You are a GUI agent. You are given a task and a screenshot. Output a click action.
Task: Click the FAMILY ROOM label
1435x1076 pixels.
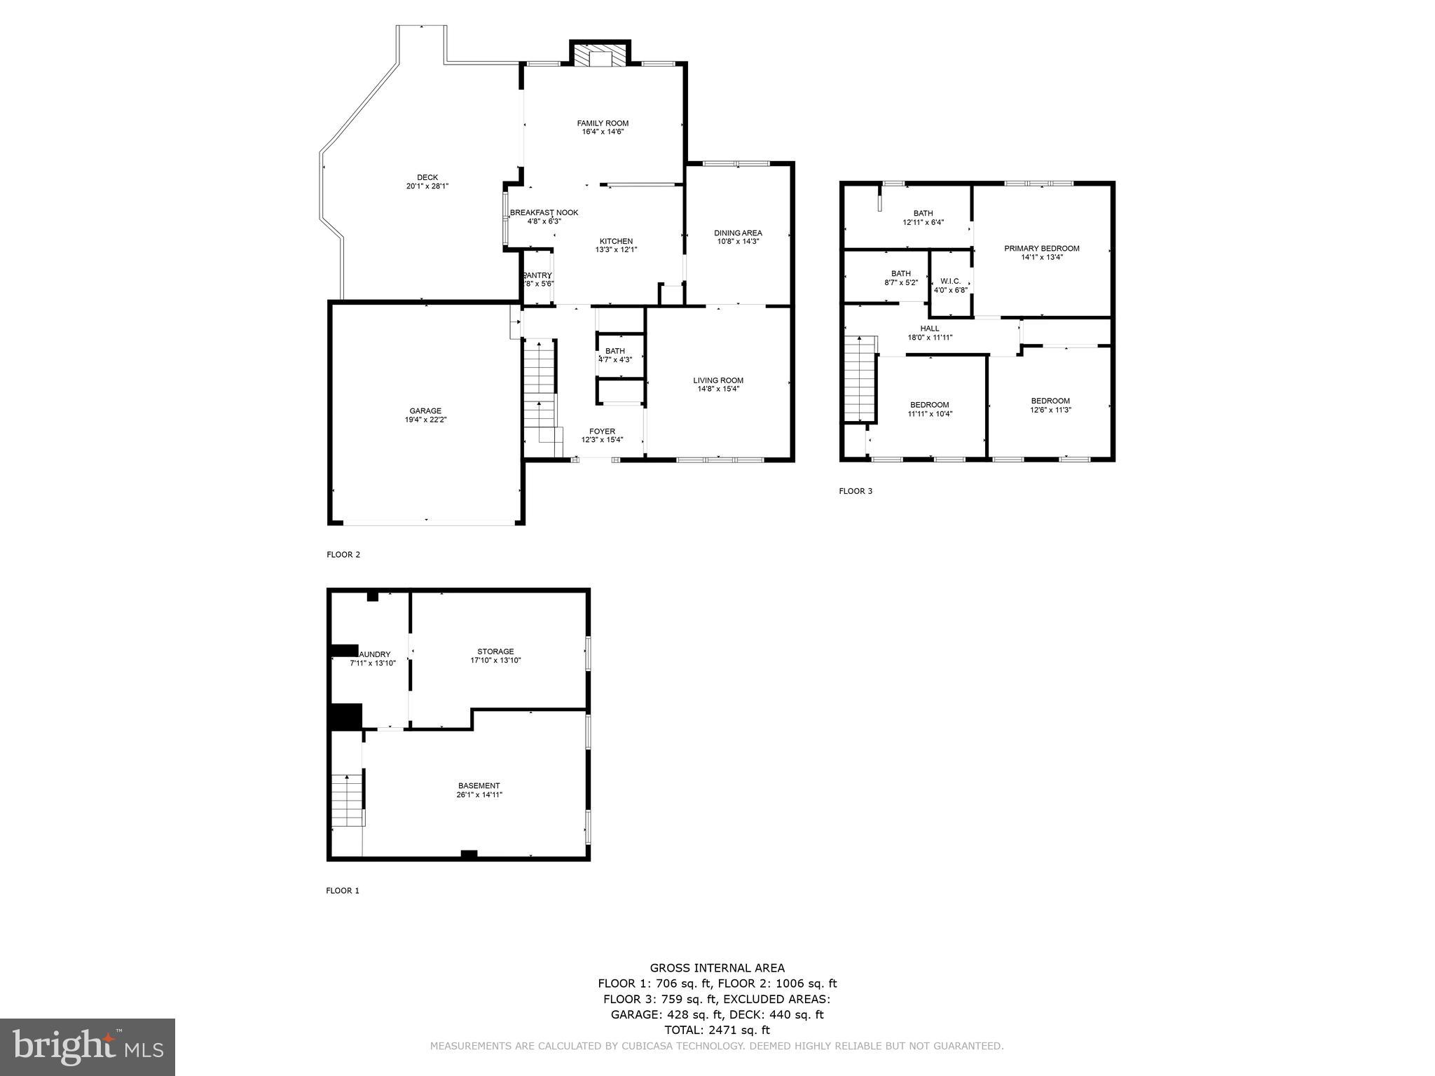pos(603,123)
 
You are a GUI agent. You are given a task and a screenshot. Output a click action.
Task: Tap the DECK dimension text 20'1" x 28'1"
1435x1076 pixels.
pos(427,186)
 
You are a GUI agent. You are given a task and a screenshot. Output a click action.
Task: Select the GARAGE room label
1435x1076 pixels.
pos(425,411)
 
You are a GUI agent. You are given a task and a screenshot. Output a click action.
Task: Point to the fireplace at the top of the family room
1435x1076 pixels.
pos(600,56)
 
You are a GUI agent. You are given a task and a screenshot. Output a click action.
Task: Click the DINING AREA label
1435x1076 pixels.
pos(738,233)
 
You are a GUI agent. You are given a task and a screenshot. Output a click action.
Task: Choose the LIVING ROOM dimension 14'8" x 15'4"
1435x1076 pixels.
pos(718,389)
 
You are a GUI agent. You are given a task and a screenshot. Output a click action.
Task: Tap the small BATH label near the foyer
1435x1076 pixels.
pos(615,351)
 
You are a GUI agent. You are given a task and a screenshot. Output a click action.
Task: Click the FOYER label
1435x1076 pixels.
pos(602,432)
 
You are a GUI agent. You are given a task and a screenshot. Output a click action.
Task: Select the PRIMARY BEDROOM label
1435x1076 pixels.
pos(1041,249)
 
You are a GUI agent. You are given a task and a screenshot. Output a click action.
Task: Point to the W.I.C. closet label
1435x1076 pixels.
pos(950,281)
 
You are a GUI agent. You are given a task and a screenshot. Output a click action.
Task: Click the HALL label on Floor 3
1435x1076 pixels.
pos(930,329)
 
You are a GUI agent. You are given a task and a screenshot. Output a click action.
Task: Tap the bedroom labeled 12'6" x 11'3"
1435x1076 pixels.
pos(1050,406)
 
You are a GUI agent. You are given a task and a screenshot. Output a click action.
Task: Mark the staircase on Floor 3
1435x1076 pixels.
pos(860,378)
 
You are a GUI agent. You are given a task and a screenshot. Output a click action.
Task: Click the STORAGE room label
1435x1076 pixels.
pos(495,651)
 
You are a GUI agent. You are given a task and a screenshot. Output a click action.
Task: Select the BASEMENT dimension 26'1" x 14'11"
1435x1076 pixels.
pos(479,795)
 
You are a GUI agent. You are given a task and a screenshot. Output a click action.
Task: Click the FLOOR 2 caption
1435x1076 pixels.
pos(343,555)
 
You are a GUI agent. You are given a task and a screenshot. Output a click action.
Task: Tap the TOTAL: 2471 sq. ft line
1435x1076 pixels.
pos(717,1030)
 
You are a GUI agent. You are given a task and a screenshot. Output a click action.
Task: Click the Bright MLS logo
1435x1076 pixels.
pos(88,1048)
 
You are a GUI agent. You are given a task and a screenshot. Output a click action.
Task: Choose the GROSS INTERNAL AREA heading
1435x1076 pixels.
pos(717,968)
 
